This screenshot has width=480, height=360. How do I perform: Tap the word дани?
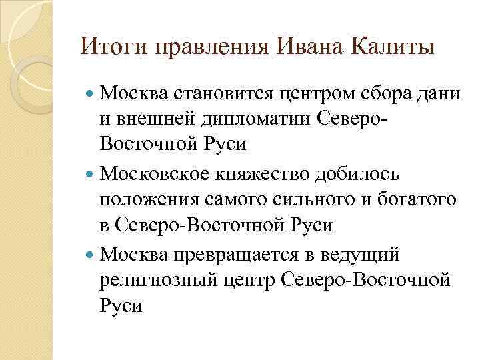[435, 95]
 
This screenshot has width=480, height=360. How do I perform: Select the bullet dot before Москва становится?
[91, 95]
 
